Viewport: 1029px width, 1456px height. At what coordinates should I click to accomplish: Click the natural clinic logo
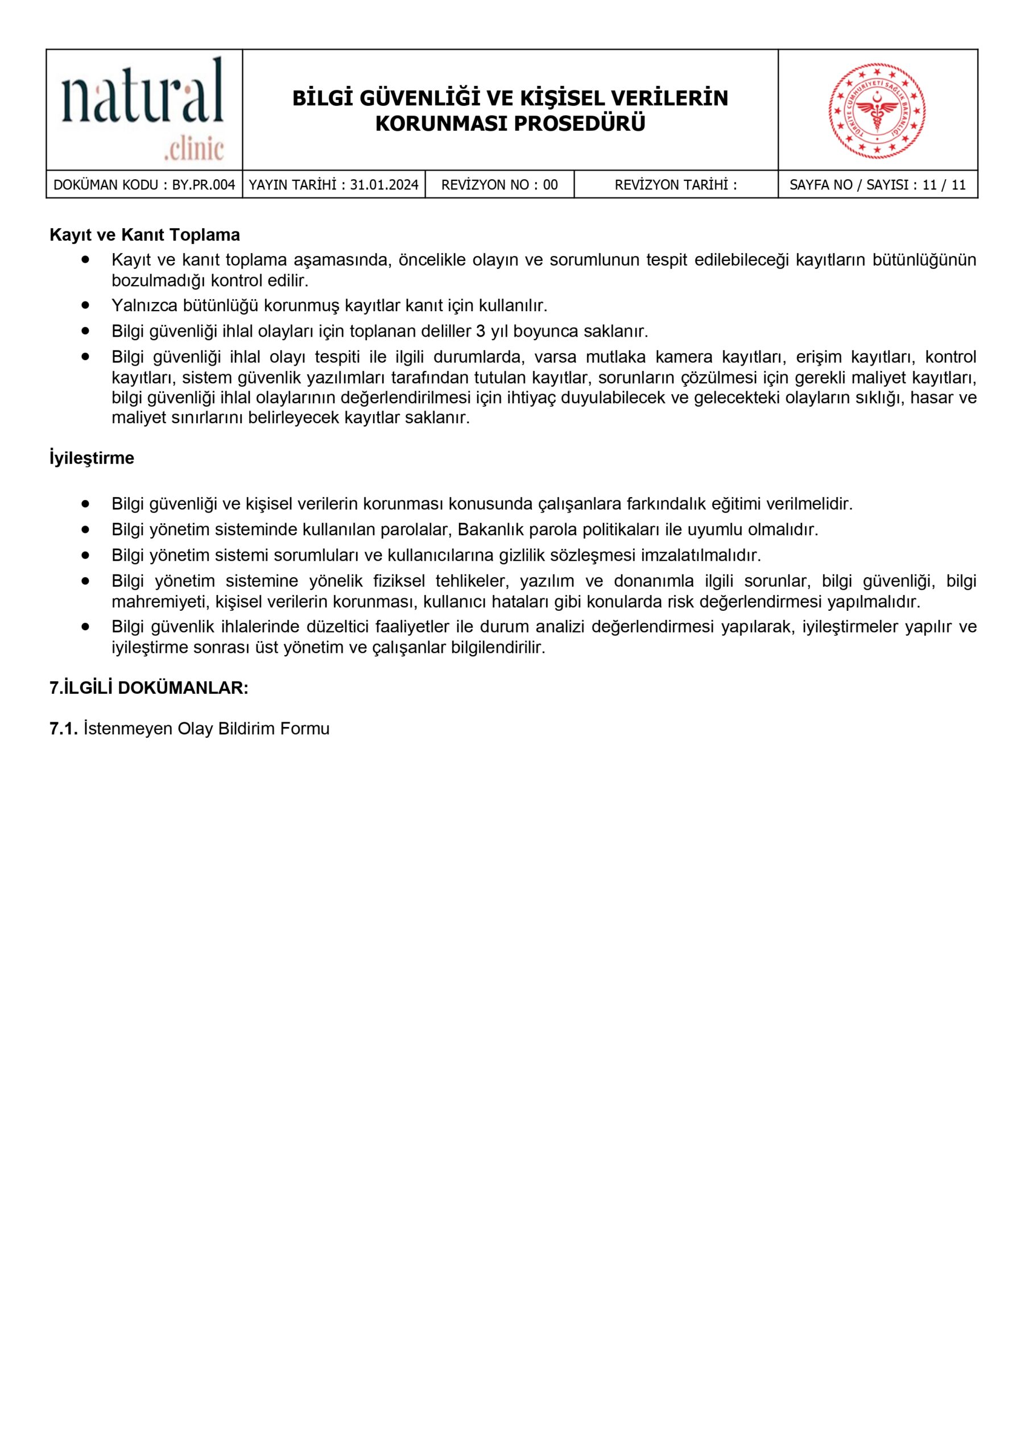pos(143,109)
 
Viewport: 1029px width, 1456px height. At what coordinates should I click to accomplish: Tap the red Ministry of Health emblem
pos(877,110)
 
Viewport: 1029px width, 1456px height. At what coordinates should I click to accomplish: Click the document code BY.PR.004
pos(203,185)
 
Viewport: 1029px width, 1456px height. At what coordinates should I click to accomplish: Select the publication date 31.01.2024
pos(384,185)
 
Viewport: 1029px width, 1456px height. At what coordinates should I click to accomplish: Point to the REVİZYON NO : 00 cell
pos(499,185)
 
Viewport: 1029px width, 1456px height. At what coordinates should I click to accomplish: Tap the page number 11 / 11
pos(944,185)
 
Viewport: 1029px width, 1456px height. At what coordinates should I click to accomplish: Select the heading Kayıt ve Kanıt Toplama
pos(144,235)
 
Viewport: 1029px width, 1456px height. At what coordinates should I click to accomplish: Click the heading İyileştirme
pos(92,458)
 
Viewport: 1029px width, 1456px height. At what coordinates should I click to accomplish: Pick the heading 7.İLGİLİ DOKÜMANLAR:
pos(149,688)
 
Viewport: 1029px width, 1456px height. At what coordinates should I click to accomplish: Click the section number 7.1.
pos(64,729)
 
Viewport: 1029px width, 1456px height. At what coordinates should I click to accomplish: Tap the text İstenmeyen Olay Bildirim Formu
pos(207,729)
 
